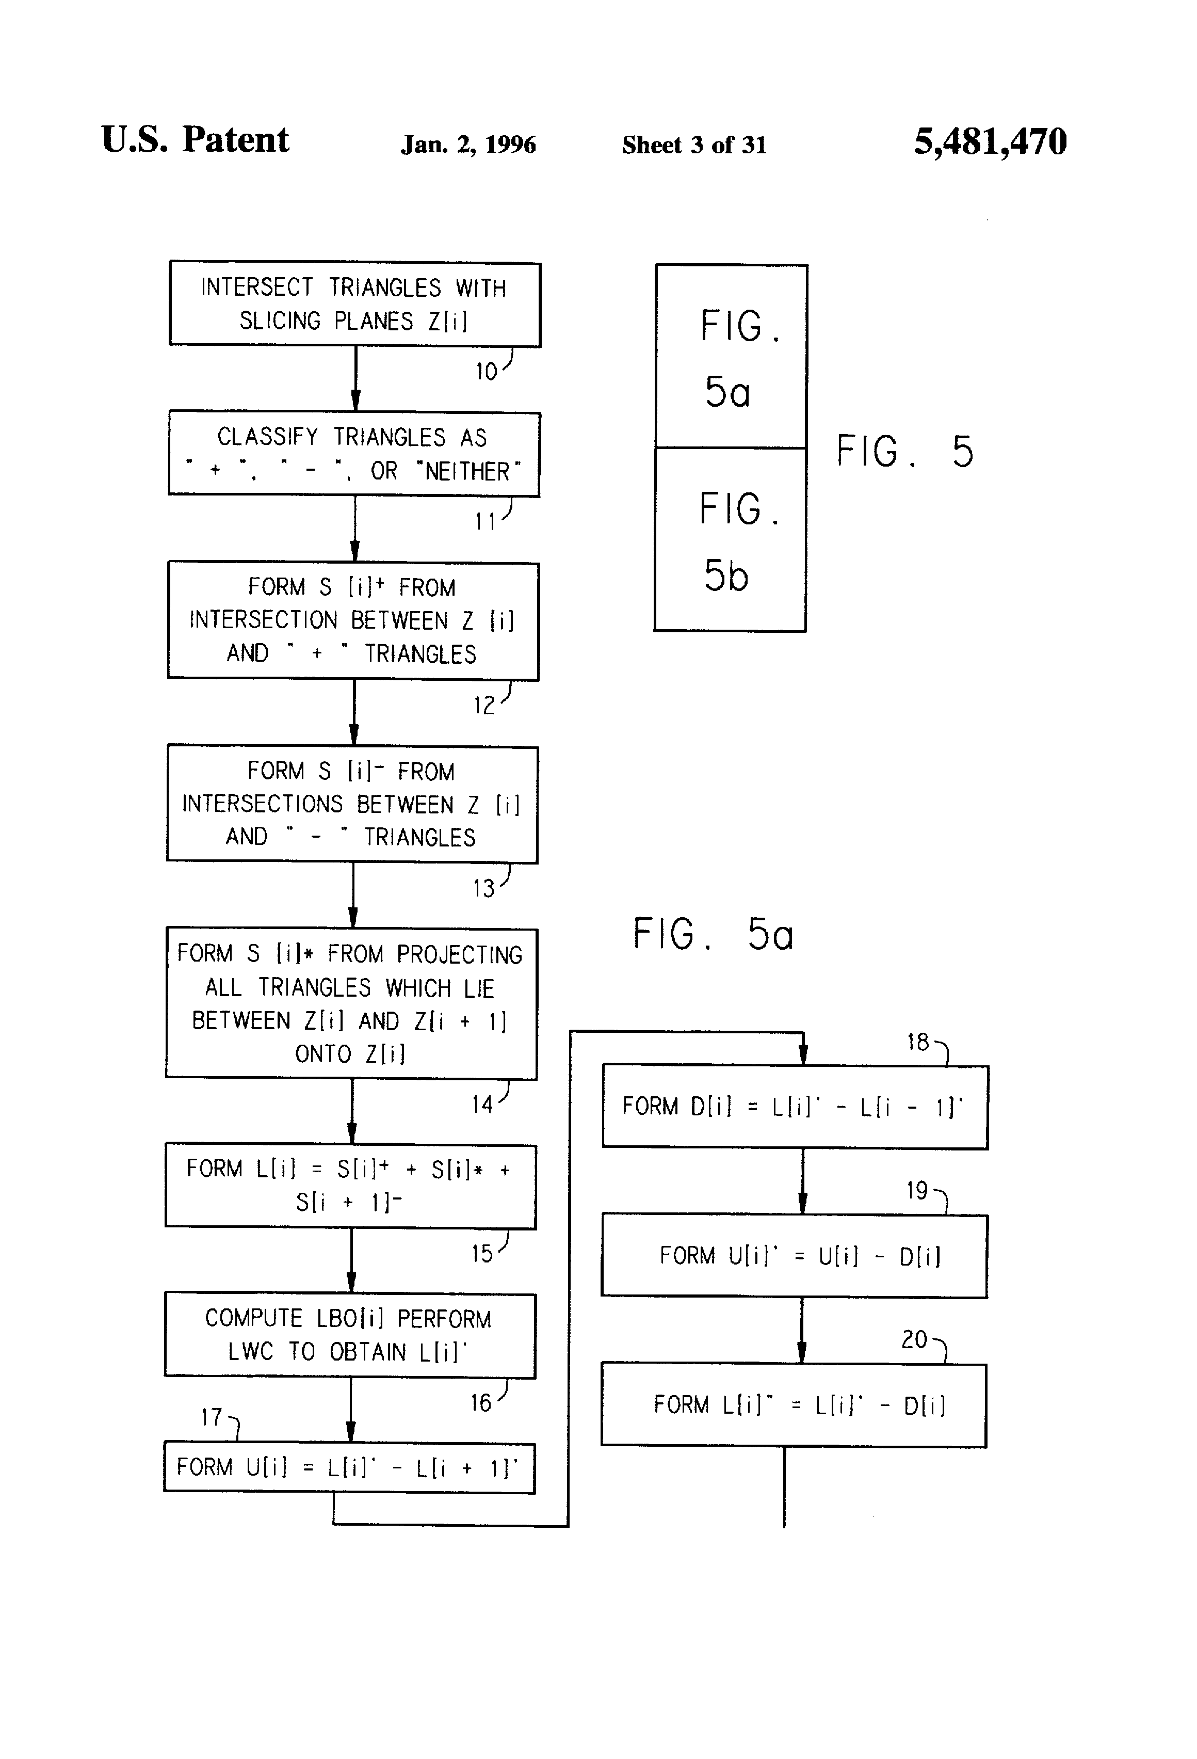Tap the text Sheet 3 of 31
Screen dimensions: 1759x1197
694,145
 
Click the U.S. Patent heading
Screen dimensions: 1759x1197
195,140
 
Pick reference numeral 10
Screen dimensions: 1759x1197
486,372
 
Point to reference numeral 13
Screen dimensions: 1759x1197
483,889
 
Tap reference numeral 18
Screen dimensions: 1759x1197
918,1042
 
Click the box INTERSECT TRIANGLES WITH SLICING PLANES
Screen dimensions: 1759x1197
355,305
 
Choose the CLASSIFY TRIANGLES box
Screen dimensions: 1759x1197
354,454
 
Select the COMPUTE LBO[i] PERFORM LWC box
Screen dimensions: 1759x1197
350,1336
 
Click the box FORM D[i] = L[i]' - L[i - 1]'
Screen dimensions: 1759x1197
795,1107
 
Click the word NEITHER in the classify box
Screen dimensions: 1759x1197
467,472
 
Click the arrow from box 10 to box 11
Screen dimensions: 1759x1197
355,378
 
